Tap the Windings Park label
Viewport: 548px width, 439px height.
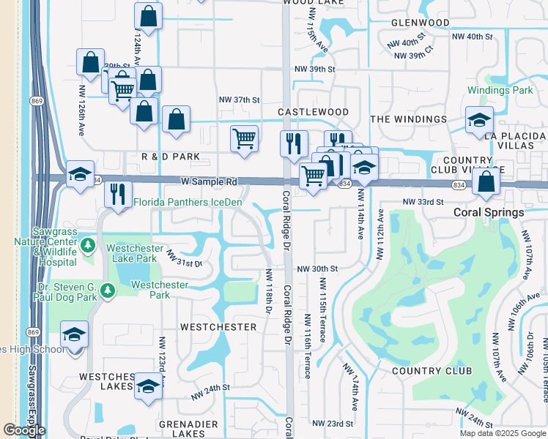pos(500,90)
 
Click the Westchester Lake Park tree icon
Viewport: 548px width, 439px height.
pos(87,244)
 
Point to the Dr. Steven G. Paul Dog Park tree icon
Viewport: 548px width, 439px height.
pos(108,291)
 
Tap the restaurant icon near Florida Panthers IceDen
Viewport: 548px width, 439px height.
pos(118,195)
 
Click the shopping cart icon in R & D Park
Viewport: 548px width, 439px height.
pos(243,138)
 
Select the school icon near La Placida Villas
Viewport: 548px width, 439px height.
pos(479,120)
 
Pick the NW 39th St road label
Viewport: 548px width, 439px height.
pos(314,69)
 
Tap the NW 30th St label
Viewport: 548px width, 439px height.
pos(317,269)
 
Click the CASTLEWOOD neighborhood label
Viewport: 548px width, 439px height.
pos(313,112)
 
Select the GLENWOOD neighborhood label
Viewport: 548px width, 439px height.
pos(420,23)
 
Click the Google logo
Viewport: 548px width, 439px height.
pos(24,430)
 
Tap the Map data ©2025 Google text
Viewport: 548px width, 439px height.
pos(503,433)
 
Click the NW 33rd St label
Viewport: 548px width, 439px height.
pos(423,201)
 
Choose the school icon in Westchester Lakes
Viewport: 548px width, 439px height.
pos(148,386)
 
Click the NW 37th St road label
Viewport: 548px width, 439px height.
pos(240,100)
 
